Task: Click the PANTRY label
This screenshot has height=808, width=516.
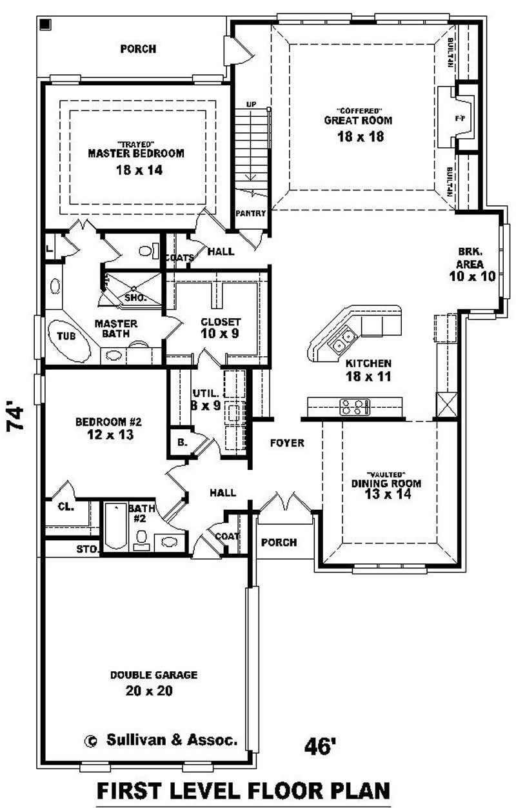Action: [x=250, y=214]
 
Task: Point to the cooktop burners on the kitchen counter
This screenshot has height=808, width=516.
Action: [x=355, y=407]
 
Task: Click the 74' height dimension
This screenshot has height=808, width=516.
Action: [x=17, y=419]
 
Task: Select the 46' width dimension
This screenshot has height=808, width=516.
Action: [x=321, y=746]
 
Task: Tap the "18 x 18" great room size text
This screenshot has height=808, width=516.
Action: [x=357, y=136]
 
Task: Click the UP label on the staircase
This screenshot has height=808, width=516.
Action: [x=251, y=105]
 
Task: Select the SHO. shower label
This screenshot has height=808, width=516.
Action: [x=135, y=298]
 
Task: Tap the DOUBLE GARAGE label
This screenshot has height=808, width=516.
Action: [x=154, y=675]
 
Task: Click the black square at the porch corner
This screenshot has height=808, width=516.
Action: [x=45, y=25]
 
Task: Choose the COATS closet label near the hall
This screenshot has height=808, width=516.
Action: [x=179, y=258]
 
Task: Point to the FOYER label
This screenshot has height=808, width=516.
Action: [x=286, y=443]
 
